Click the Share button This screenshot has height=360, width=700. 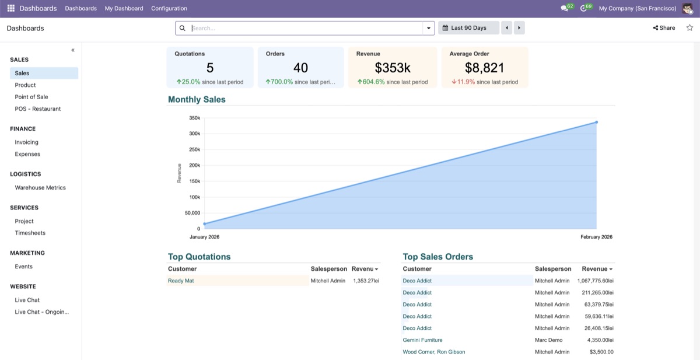(664, 28)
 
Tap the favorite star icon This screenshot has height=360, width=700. (689, 28)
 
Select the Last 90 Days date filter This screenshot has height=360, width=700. (468, 28)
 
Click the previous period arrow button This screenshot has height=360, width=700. (506, 28)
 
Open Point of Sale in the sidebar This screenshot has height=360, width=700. (32, 97)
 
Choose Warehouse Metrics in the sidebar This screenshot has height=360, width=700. (40, 187)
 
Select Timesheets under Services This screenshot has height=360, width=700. (30, 233)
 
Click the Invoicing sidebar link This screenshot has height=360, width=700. (27, 142)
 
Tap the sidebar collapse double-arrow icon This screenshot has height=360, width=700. (73, 50)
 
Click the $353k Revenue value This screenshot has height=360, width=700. (393, 68)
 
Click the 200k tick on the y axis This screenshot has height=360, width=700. (194, 165)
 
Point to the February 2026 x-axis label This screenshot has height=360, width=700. (596, 237)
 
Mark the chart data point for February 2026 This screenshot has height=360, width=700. (597, 122)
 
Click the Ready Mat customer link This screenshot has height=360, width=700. (181, 281)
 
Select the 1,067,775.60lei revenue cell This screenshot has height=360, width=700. (596, 281)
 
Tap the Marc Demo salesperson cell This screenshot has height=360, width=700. (548, 340)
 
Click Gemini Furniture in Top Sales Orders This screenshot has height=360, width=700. (422, 340)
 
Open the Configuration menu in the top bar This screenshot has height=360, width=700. (169, 8)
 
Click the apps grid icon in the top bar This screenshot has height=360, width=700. (11, 8)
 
